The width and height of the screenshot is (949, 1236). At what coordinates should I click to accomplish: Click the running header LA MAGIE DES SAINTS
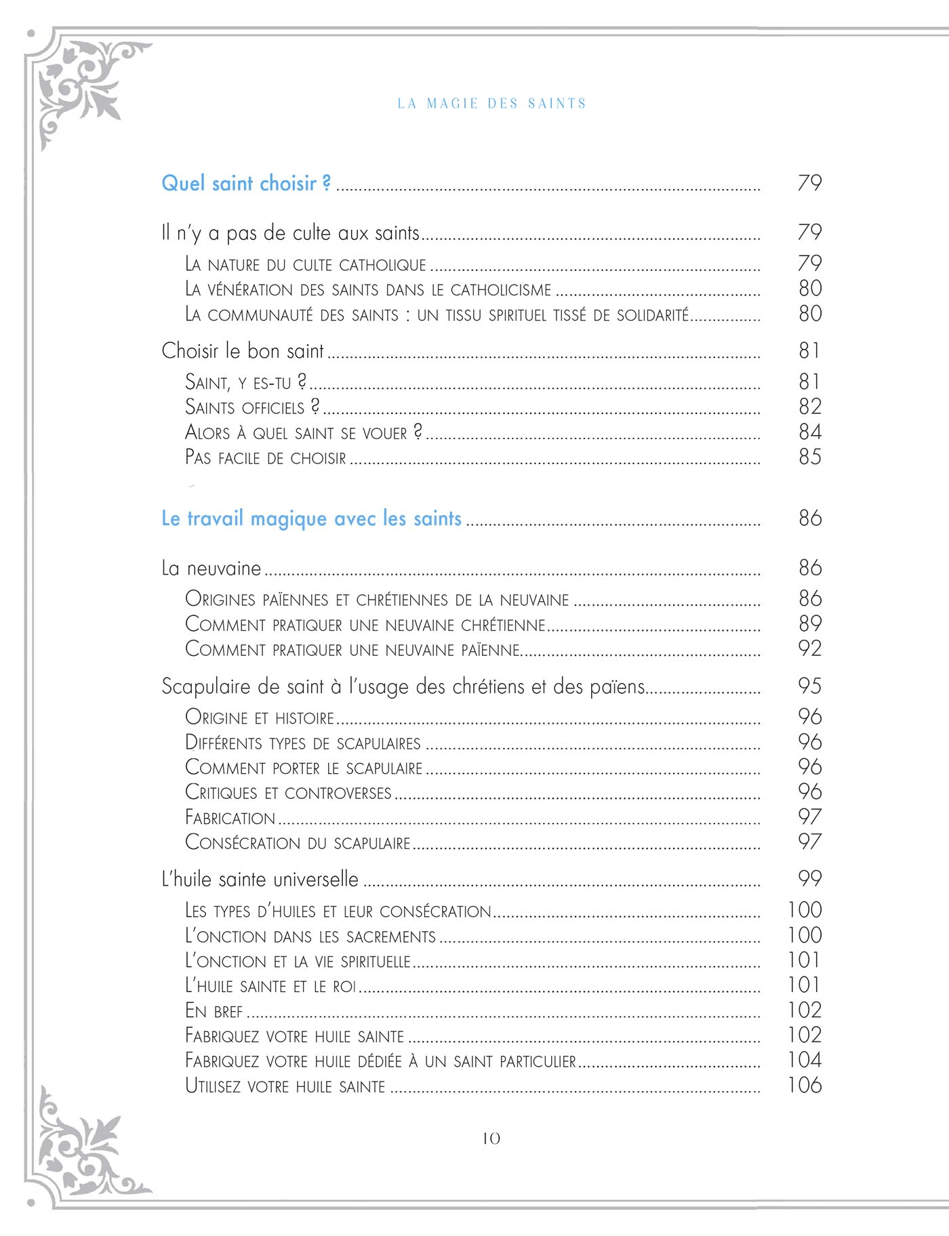[491, 104]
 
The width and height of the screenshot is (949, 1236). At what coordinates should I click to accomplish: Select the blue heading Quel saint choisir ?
[246, 184]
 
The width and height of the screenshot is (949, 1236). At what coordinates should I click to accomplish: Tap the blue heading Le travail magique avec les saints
[311, 519]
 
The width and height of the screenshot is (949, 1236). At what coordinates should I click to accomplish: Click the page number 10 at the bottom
[491, 1139]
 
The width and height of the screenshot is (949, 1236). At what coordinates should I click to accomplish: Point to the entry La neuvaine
[211, 569]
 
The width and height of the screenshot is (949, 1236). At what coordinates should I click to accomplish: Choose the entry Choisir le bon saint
[243, 351]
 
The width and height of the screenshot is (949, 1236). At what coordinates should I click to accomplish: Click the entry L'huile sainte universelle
[260, 880]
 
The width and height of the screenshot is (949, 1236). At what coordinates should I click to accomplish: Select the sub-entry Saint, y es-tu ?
[245, 383]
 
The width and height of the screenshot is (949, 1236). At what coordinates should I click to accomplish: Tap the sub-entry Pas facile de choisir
[265, 458]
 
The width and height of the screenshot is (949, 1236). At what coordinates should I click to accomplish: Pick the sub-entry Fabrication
[230, 819]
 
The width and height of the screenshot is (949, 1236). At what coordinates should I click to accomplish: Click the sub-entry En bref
[214, 1012]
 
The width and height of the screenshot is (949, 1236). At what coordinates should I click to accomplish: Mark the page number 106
[805, 1086]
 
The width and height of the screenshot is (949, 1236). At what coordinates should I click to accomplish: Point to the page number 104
[805, 1060]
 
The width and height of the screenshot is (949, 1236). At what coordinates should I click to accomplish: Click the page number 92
[810, 649]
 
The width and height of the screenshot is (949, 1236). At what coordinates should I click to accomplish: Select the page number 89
[810, 624]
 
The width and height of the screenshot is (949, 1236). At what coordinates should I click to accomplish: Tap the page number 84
[810, 432]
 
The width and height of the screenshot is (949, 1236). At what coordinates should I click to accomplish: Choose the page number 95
[810, 686]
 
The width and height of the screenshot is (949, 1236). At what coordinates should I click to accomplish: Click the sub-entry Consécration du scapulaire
[298, 844]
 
